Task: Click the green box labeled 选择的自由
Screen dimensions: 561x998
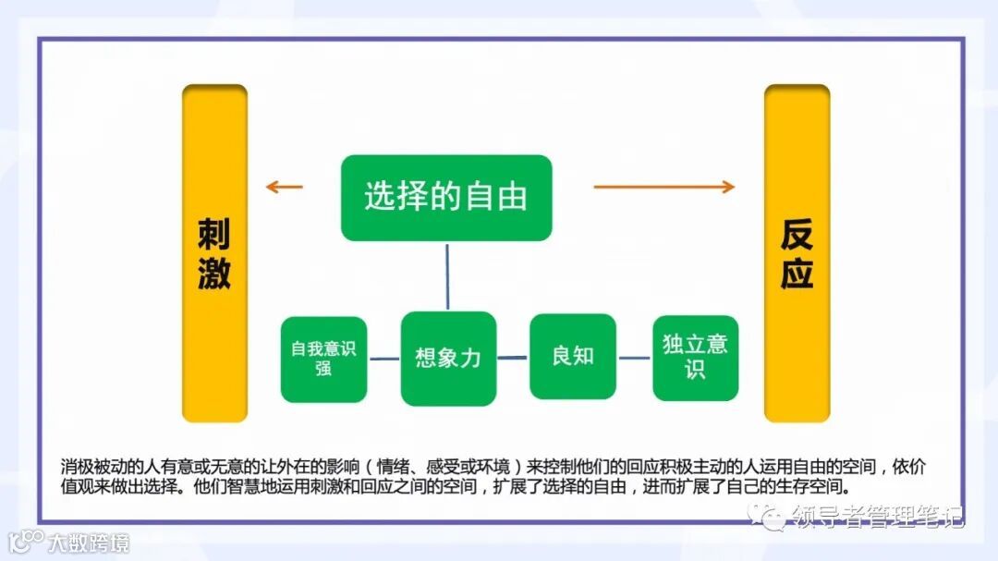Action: pos(446,198)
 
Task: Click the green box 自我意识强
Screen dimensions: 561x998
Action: pos(323,360)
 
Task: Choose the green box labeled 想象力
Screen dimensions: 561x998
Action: pos(448,359)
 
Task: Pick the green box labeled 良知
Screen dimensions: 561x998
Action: pos(573,356)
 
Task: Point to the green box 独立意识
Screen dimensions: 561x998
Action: pos(695,358)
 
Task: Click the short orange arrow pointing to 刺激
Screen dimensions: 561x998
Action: pos(284,188)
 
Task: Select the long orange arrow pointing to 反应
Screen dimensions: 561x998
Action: pos(663,188)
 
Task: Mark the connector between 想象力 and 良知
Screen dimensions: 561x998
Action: pos(513,357)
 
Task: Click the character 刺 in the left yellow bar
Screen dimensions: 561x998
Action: pos(214,236)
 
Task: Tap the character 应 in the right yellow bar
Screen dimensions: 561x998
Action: pos(797,274)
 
